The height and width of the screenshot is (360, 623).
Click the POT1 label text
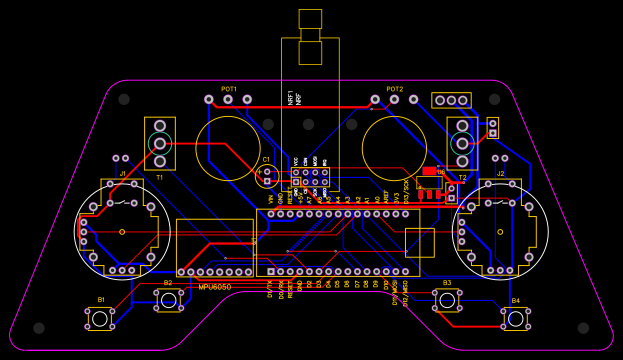tap(229, 89)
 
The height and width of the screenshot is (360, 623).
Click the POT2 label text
tap(395, 89)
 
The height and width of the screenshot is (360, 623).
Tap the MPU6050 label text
tap(214, 287)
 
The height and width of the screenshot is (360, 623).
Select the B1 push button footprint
tap(100, 319)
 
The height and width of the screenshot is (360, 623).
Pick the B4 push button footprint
tap(515, 319)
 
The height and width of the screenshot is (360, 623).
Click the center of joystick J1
tap(122, 232)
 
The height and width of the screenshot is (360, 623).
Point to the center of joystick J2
tap(500, 232)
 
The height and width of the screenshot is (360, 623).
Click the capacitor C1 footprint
tap(266, 175)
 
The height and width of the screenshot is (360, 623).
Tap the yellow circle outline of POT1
tap(228, 148)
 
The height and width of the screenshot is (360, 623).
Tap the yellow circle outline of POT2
tap(395, 148)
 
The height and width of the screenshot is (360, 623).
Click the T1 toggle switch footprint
tap(159, 143)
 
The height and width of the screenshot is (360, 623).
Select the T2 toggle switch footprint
tap(462, 143)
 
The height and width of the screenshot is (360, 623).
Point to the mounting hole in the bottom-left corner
tap(38, 328)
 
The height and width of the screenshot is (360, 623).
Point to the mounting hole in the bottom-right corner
tap(584, 328)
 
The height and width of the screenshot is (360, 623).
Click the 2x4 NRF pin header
tap(310, 177)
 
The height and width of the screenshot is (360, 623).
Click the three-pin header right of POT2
tap(451, 100)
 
